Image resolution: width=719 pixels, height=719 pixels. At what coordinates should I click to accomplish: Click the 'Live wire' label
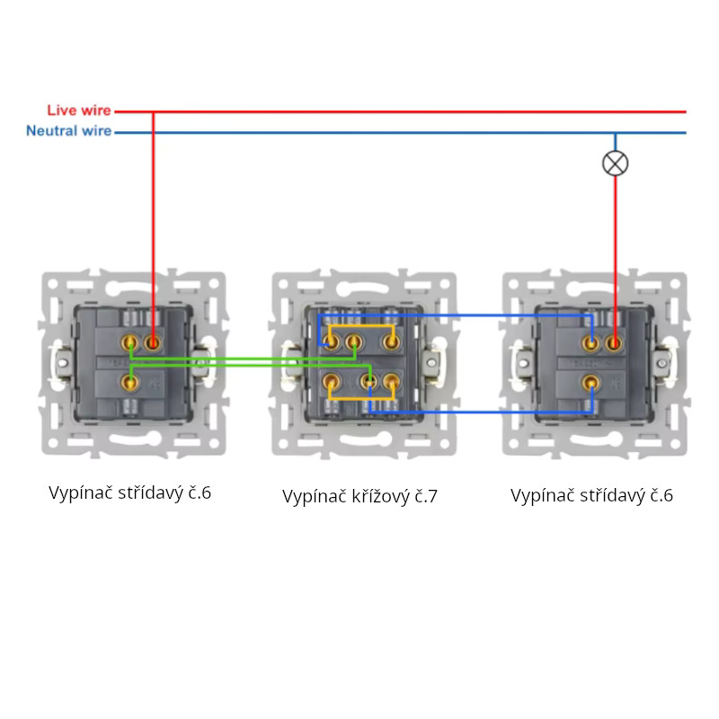(x=79, y=111)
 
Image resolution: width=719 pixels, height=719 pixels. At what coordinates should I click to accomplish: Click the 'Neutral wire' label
(x=69, y=131)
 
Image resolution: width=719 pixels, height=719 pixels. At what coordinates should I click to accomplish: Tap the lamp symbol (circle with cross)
(x=615, y=163)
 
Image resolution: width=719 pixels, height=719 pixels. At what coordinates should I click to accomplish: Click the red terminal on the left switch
(x=153, y=342)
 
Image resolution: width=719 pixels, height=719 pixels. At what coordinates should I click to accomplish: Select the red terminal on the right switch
(x=615, y=342)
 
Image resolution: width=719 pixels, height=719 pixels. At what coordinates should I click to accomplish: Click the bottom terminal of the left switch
(x=131, y=382)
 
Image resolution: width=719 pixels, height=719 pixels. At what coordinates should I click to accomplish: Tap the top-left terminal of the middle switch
(x=333, y=342)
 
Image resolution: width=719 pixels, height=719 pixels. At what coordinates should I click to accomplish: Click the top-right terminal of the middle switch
(x=390, y=342)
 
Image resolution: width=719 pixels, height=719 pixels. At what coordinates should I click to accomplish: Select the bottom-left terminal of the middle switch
(x=333, y=382)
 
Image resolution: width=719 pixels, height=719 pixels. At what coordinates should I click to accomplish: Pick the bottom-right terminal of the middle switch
(x=390, y=382)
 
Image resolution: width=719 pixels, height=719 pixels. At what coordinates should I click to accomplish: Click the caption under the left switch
(x=129, y=493)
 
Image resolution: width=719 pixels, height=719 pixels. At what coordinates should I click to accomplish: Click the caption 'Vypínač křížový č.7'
(x=359, y=496)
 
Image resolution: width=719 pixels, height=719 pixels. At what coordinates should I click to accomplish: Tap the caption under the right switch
(x=591, y=495)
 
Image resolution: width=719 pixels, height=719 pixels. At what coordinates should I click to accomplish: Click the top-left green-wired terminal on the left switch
(x=131, y=342)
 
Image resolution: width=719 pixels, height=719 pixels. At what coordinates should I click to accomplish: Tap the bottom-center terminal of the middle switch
(x=368, y=382)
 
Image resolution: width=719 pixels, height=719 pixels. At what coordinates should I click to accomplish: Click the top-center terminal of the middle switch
(x=354, y=342)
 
